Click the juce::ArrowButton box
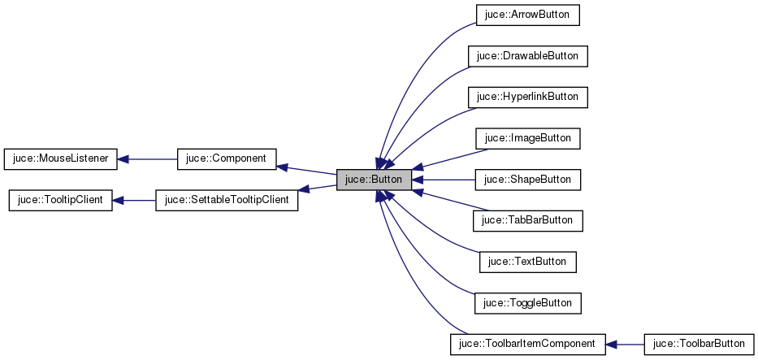click(527, 15)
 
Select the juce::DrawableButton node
click(527, 56)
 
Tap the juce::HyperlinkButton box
click(527, 97)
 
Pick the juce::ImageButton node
click(527, 138)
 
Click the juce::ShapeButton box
click(527, 179)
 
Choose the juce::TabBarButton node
click(527, 220)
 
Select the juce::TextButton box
click(527, 262)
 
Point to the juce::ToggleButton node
click(527, 302)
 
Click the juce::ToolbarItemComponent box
click(527, 344)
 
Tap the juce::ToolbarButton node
click(699, 344)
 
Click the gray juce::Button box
click(374, 179)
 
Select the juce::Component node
click(227, 158)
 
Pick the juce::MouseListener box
click(61, 158)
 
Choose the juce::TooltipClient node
click(60, 200)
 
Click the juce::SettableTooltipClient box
click(227, 200)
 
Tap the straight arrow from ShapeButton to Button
click(447, 179)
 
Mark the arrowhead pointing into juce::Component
click(282, 166)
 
